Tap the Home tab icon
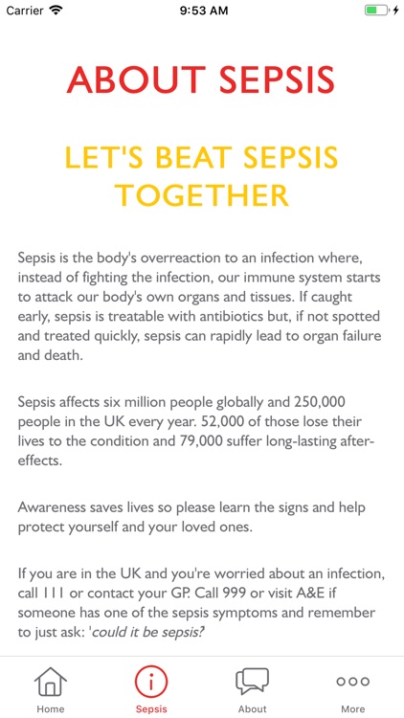click(x=51, y=682)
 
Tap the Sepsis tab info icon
click(x=151, y=682)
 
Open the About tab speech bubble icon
click(x=252, y=682)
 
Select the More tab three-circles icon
click(x=352, y=682)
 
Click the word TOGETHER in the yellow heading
click(x=202, y=195)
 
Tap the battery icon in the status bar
click(x=377, y=11)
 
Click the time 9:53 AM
click(x=202, y=11)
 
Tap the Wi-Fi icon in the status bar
click(x=56, y=11)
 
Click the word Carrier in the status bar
click(x=26, y=11)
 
